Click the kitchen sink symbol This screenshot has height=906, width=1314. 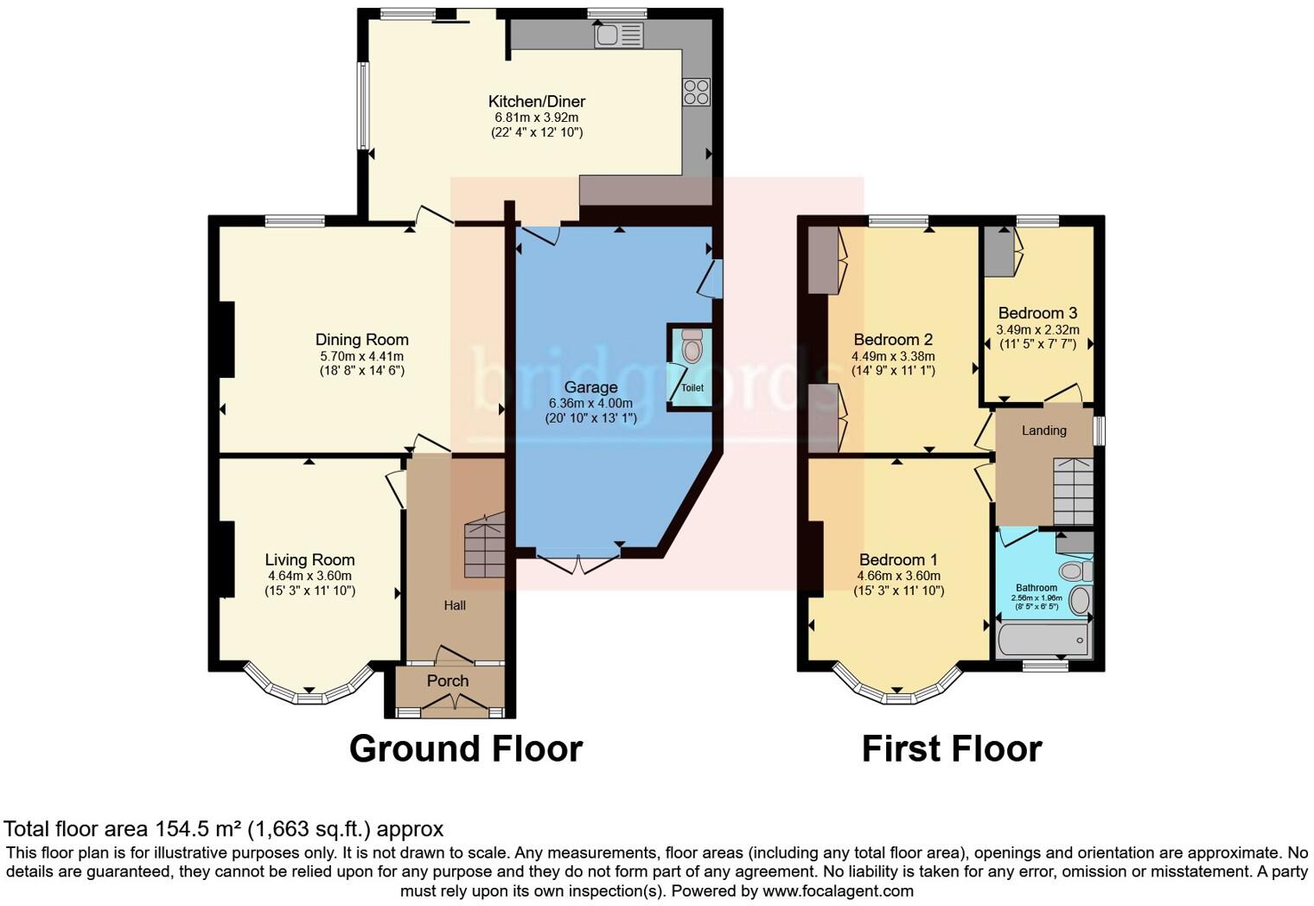[x=618, y=35]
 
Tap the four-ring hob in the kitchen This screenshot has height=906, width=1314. [x=696, y=92]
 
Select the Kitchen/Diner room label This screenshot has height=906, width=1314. [x=536, y=101]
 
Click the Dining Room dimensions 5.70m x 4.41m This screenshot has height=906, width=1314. [x=361, y=355]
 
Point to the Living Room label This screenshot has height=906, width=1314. [x=309, y=559]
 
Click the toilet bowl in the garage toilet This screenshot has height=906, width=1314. [x=692, y=349]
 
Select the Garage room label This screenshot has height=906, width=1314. [x=590, y=387]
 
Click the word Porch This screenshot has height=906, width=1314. [x=448, y=680]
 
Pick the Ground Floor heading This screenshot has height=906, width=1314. [x=466, y=748]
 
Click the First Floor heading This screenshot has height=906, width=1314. [x=952, y=748]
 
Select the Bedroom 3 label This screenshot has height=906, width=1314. [x=1037, y=313]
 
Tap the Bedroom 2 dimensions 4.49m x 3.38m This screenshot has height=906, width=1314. [x=893, y=355]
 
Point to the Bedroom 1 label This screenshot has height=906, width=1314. [x=898, y=559]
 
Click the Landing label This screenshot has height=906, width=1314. [x=1043, y=430]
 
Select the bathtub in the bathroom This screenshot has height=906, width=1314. [x=1043, y=641]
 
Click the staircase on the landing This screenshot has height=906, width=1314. [x=1072, y=491]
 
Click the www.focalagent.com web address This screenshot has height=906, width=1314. [x=838, y=890]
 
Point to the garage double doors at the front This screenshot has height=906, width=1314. [x=577, y=564]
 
